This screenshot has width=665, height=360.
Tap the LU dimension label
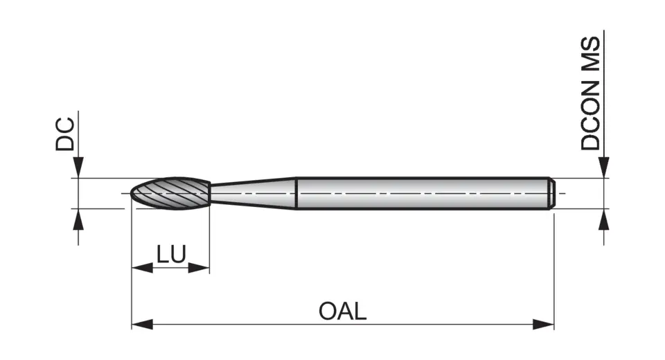(170, 255)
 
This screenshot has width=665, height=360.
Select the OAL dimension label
(342, 311)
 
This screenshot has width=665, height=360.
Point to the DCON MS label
(591, 93)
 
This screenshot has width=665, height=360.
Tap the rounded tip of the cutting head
(134, 193)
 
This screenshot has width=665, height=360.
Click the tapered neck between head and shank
(253, 193)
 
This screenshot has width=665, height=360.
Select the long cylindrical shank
(423, 193)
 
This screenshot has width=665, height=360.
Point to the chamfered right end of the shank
(551, 193)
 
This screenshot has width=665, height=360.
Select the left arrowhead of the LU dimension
(141, 268)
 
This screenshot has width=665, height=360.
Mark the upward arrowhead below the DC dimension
(78, 219)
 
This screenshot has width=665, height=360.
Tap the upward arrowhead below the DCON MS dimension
(604, 219)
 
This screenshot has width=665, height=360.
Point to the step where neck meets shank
(296, 193)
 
